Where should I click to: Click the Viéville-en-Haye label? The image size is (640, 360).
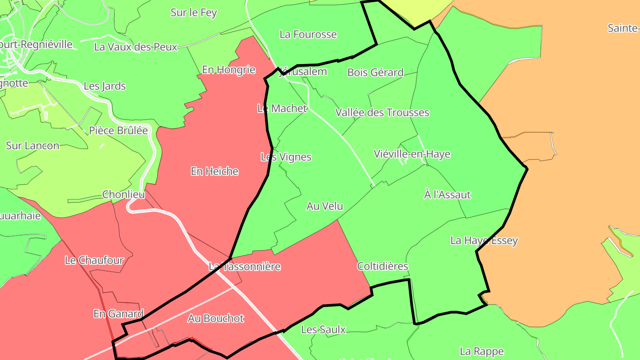(412, 154)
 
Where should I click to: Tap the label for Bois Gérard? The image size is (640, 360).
(375, 72)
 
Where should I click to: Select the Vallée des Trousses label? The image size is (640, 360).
(382, 112)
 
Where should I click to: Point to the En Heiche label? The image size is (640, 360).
(215, 171)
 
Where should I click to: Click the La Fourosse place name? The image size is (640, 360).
(308, 34)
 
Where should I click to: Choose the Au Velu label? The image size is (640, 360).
(324, 206)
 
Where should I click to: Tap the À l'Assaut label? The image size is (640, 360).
(447, 195)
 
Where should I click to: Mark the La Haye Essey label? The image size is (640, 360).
(484, 240)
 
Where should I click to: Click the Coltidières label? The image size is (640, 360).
(382, 266)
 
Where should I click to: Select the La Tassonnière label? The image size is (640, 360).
(244, 267)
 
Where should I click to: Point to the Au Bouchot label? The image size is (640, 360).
(216, 318)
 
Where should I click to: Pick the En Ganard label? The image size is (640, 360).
(118, 314)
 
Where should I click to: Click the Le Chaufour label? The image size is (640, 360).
(94, 260)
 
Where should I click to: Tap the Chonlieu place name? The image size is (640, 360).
(124, 194)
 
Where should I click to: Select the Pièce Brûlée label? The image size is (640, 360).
(118, 131)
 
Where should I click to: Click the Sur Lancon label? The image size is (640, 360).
(32, 145)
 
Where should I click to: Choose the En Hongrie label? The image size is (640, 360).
(228, 70)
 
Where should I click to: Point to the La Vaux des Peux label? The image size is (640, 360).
(136, 47)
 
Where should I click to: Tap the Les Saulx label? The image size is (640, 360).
(323, 329)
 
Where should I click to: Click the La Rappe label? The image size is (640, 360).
(482, 352)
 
